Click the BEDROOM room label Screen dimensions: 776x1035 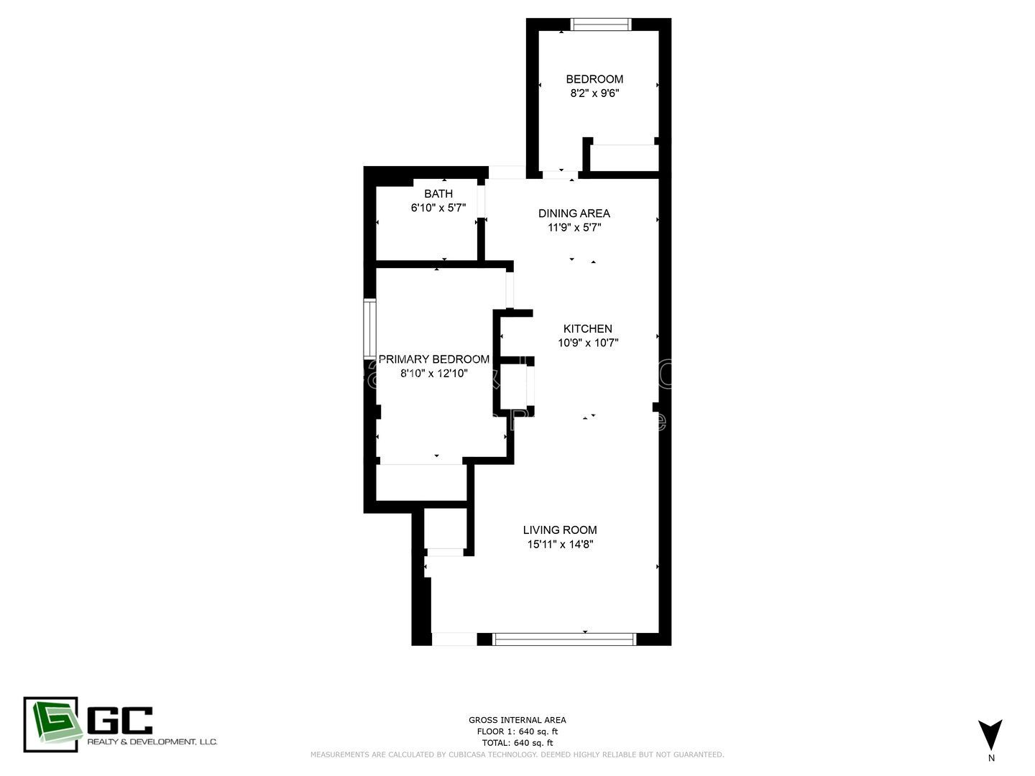594,79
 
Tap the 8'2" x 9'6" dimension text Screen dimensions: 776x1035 594,93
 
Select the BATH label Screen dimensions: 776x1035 438,193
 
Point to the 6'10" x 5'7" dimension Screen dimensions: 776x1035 438,208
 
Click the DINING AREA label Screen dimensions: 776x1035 574,213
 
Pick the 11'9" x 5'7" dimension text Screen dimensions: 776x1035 574,228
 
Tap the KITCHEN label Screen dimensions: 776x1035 588,328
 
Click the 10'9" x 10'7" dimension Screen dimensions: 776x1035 588,343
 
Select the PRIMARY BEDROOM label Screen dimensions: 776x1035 434,359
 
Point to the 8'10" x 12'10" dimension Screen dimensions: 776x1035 434,374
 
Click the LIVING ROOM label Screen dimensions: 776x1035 560,530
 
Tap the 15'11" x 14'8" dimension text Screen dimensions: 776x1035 560,545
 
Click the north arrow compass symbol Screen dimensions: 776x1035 990,734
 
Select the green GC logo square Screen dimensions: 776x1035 50,724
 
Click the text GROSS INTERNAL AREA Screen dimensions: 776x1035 517,720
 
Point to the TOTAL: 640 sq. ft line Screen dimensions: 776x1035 517,743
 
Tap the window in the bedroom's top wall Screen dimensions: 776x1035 601,24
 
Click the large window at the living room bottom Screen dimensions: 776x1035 564,639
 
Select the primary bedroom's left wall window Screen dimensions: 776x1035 370,328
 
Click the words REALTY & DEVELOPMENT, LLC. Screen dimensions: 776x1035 152,742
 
